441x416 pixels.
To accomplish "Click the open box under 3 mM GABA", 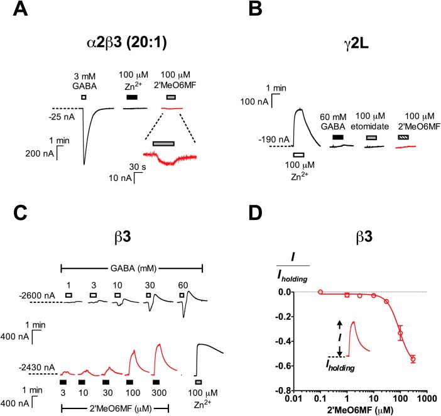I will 84,97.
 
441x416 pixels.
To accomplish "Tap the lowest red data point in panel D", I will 413,359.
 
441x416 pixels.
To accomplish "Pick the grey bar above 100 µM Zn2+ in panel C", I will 199,381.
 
